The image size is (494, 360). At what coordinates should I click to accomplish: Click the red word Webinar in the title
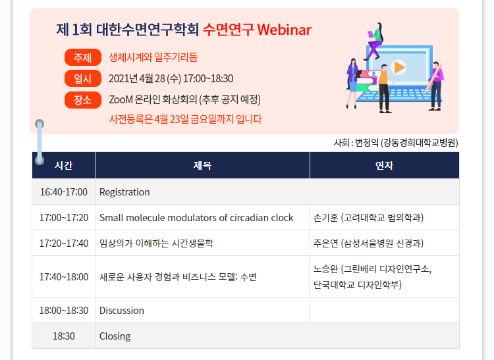point(284,30)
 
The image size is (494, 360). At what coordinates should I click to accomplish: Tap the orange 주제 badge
point(83,57)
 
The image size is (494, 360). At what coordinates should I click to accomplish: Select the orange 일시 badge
point(83,78)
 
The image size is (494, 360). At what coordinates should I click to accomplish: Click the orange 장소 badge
point(83,100)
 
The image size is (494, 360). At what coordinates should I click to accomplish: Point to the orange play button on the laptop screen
point(398,67)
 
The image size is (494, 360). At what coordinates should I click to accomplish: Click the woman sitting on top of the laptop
point(375,41)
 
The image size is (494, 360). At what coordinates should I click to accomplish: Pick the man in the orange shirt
point(384,88)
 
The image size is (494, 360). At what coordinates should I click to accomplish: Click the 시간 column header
point(64,165)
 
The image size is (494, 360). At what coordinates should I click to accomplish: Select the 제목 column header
point(203,165)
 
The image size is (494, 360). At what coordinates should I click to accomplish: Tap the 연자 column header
point(385,165)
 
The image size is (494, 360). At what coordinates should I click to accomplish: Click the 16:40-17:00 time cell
point(64,192)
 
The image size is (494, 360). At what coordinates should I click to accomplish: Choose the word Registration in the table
point(124,192)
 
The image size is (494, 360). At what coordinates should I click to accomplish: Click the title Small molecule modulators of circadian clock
point(196,218)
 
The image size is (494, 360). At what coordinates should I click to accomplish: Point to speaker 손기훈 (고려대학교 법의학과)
point(368,218)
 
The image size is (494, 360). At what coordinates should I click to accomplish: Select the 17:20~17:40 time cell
point(64,244)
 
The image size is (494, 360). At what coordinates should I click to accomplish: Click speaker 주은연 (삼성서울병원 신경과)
point(368,244)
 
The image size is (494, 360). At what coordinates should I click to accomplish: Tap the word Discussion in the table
point(122,311)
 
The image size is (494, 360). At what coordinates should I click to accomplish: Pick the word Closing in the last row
point(115,336)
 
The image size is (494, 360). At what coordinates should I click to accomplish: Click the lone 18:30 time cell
point(64,336)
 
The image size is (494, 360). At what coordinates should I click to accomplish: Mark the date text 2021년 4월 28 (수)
point(145,78)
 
